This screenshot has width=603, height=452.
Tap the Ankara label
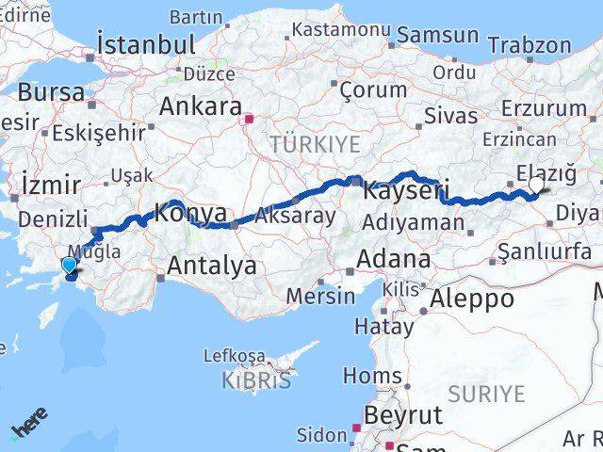click(200, 106)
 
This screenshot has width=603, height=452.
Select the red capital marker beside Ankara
click(249, 120)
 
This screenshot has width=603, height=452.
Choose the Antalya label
click(211, 266)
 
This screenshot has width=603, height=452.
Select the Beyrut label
click(403, 415)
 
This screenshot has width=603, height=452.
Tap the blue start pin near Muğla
click(69, 266)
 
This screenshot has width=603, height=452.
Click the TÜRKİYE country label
click(315, 144)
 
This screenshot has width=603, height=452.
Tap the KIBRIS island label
click(232, 380)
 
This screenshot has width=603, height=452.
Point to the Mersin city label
click(320, 296)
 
